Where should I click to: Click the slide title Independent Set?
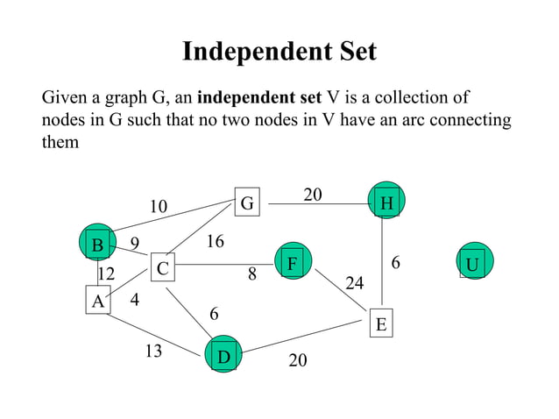(x=279, y=52)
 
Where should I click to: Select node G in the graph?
(x=247, y=203)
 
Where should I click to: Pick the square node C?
(x=161, y=267)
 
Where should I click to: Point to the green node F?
(x=293, y=262)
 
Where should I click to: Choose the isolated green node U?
(x=472, y=263)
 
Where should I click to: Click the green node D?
(x=223, y=355)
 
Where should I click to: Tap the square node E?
(x=380, y=323)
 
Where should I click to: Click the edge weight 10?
(x=158, y=207)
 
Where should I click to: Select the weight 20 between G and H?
(x=313, y=195)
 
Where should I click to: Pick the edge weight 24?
(x=355, y=283)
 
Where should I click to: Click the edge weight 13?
(x=153, y=352)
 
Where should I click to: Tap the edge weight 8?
(x=251, y=274)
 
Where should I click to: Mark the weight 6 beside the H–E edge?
(x=395, y=262)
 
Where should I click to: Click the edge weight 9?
(x=134, y=243)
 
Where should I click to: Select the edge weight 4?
(x=134, y=300)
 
